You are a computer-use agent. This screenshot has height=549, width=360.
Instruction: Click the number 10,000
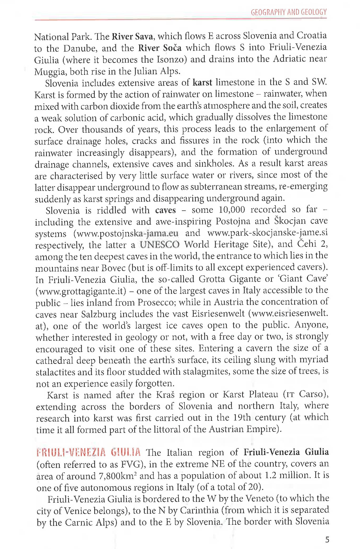tap(232, 210)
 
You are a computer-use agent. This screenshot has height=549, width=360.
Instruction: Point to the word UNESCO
tap(160, 245)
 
